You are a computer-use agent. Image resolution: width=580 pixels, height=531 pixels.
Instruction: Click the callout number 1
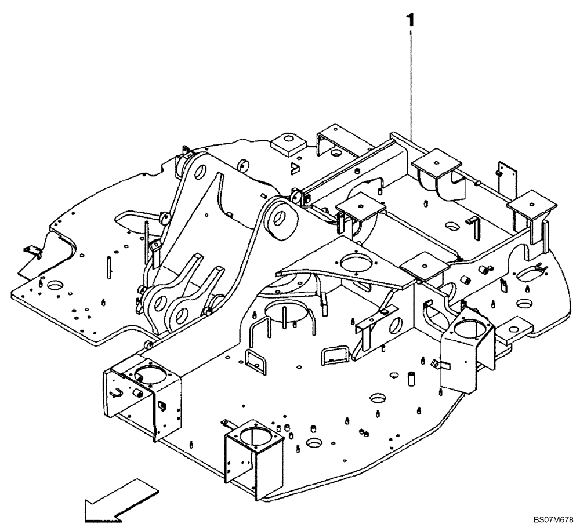coord(411,21)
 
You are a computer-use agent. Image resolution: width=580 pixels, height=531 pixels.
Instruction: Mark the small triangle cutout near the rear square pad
coord(295,169)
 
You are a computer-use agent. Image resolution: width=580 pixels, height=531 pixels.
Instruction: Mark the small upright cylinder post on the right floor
coord(410,377)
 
